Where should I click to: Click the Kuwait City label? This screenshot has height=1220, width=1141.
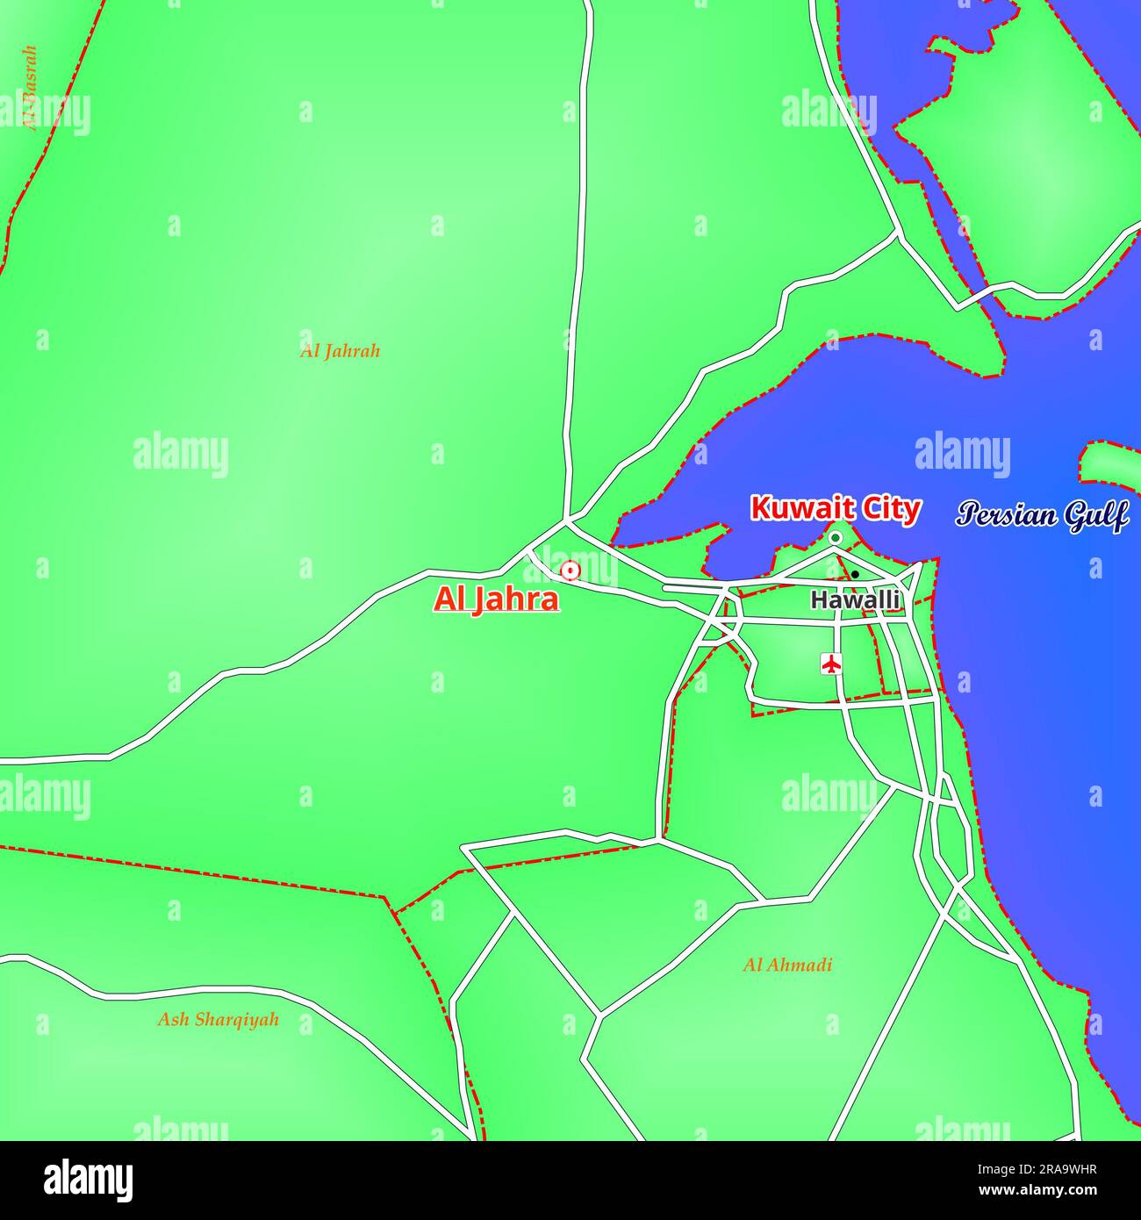[x=835, y=509]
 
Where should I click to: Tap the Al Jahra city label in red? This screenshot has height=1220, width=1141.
[x=496, y=599]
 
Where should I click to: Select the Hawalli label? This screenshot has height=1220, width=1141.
[x=855, y=600]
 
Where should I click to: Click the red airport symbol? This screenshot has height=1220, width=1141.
[x=830, y=664]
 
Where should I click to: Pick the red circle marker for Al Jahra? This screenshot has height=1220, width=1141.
[x=570, y=571]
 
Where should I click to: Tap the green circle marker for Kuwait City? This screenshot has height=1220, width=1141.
[x=836, y=537]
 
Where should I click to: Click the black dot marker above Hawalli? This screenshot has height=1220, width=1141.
[x=855, y=574]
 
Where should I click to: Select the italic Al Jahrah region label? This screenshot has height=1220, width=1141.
[x=340, y=351]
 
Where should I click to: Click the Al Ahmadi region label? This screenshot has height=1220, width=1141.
[x=787, y=965]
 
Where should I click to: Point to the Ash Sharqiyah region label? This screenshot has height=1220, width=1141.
[x=218, y=1020]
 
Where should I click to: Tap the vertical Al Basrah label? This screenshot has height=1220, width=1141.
[x=31, y=88]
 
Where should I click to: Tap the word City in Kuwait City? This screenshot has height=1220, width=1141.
[x=887, y=509]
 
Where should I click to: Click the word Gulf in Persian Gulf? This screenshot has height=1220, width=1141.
[x=1096, y=516]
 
